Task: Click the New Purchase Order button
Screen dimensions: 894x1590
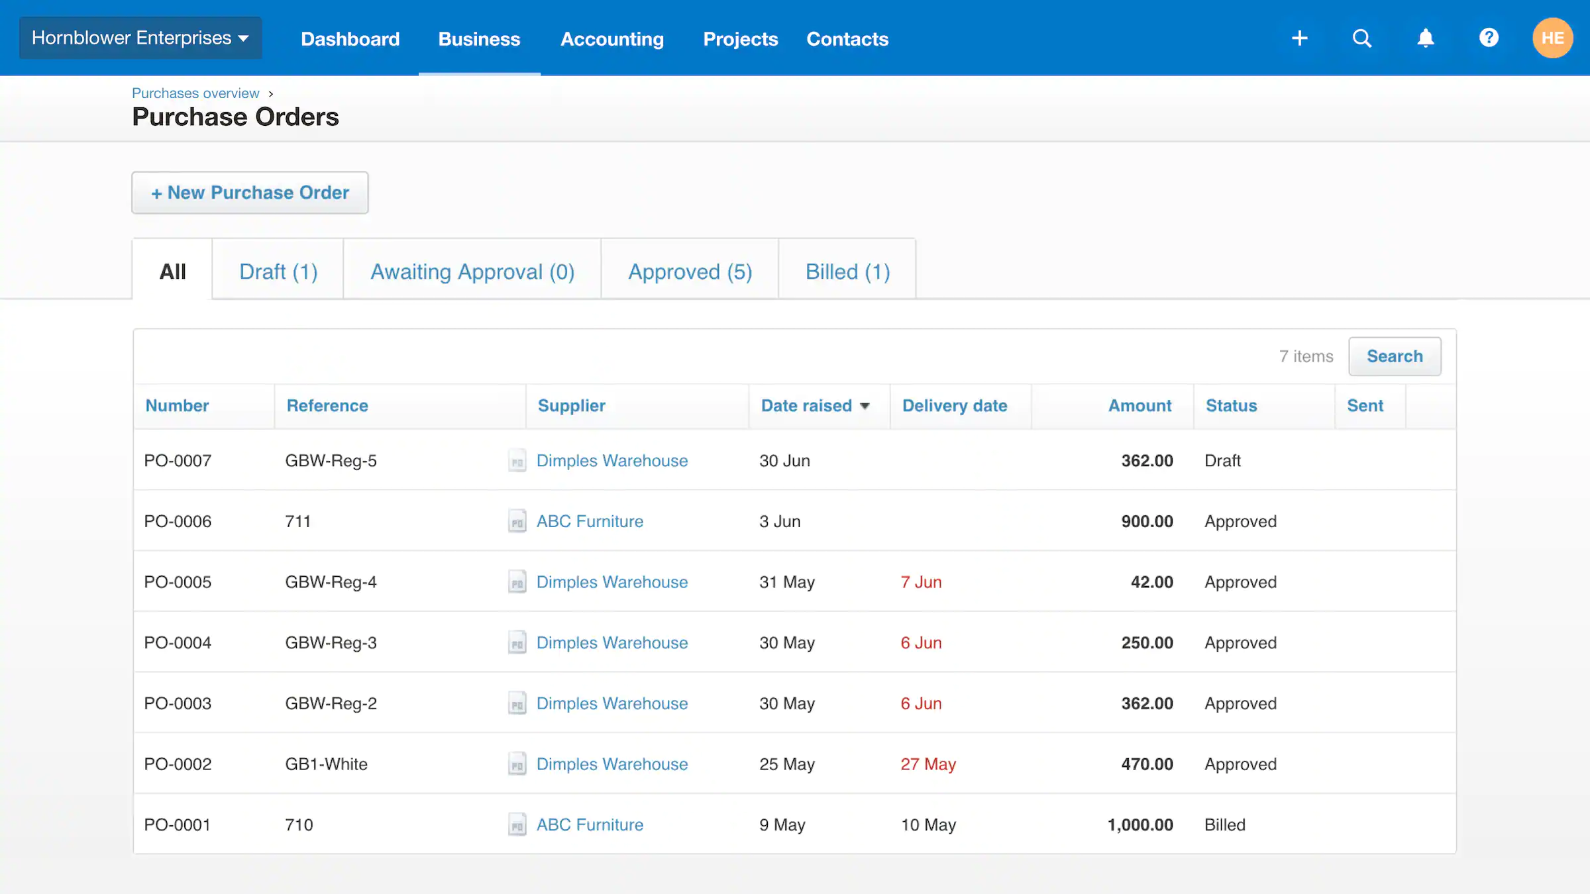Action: tap(250, 193)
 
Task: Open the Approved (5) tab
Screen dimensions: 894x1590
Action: tap(690, 272)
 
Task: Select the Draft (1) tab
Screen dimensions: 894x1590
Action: tap(278, 272)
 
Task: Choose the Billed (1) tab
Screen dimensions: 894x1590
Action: tap(847, 272)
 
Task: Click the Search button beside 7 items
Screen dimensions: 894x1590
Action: tap(1395, 356)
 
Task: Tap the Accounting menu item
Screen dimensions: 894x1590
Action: tap(611, 39)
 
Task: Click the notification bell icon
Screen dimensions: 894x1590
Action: tap(1426, 38)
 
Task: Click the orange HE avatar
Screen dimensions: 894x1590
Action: tap(1552, 38)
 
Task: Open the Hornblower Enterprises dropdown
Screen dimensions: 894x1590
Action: tap(140, 38)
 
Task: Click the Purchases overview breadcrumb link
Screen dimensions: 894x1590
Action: tap(195, 93)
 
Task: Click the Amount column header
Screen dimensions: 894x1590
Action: tap(1139, 406)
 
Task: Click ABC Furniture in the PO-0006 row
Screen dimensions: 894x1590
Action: tap(590, 522)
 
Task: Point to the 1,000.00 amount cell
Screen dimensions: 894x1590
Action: tap(1139, 825)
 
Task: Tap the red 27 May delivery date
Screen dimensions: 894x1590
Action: tap(927, 764)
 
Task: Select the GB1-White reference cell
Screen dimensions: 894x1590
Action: tap(326, 764)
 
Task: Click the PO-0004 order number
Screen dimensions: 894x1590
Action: tap(178, 643)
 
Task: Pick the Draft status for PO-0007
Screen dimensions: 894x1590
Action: tap(1222, 461)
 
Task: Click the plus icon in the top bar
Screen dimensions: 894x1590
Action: tap(1300, 38)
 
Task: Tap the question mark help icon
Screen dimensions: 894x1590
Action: tap(1489, 38)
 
